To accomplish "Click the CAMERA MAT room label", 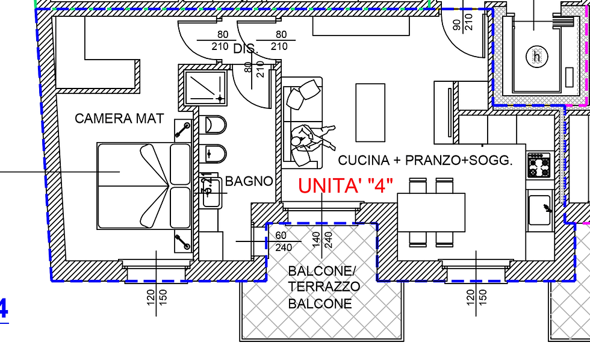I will pos(119,119).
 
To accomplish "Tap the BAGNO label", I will pos(249,181).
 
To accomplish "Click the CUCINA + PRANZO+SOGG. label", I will pos(425,161).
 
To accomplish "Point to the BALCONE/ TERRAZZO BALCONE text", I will pos(324,287).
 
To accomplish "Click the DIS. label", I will pos(245,49).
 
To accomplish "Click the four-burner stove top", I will pos(539,165).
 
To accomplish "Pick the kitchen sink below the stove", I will pos(541,208).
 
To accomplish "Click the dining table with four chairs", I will pos(431,211).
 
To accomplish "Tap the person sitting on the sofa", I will pos(311,141).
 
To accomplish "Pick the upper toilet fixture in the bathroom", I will pos(216,125).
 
